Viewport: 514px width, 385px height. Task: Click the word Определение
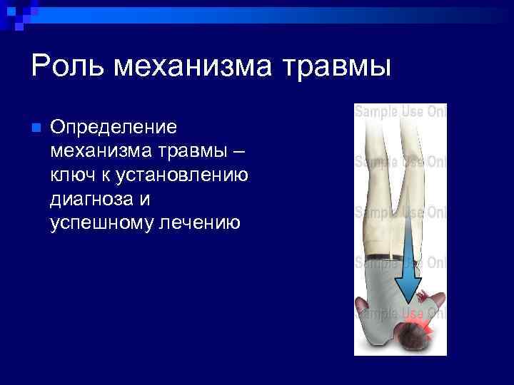pos(113,128)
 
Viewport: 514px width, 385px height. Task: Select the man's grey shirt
pos(385,285)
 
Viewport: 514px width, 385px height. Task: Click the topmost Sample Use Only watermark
pos(400,112)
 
